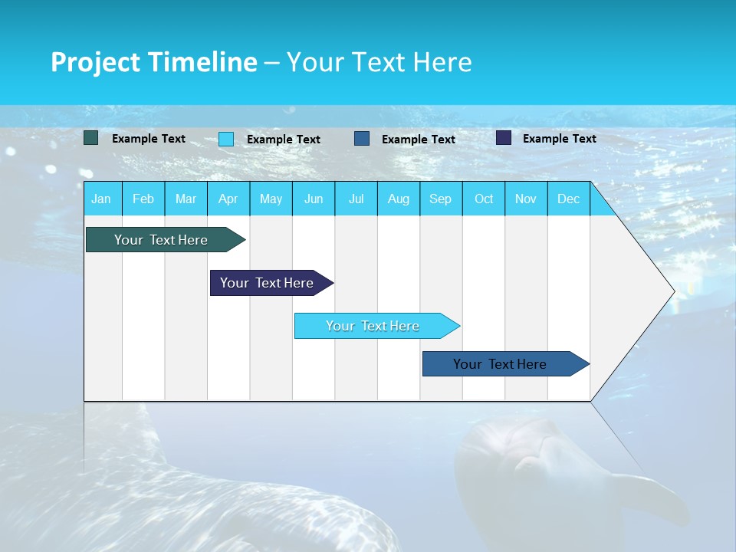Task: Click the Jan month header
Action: point(101,199)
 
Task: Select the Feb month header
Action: point(143,199)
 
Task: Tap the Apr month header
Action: point(228,199)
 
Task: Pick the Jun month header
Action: point(314,199)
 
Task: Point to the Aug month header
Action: point(399,199)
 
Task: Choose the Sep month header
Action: point(441,199)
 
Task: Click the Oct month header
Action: point(484,199)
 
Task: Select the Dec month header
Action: point(569,199)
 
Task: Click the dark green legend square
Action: point(91,138)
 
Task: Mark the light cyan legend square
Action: point(226,139)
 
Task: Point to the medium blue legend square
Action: point(362,139)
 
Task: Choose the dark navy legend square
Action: point(504,138)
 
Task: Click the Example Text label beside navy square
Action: point(559,139)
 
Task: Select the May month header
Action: point(271,199)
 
